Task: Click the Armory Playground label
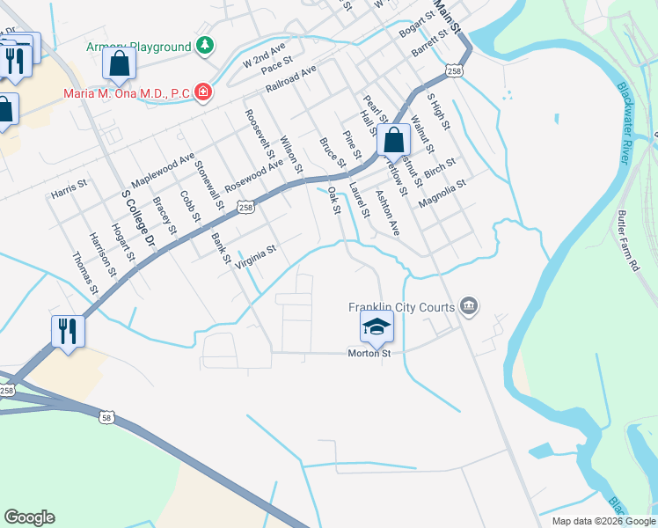(138, 47)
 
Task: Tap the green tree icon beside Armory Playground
(205, 45)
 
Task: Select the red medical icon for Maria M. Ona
(202, 92)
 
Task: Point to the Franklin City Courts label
(401, 307)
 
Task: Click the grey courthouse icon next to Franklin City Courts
(470, 306)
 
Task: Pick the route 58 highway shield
(106, 417)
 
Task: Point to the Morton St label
(373, 353)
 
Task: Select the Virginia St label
(255, 255)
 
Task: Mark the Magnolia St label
(441, 190)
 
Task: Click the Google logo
(29, 517)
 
